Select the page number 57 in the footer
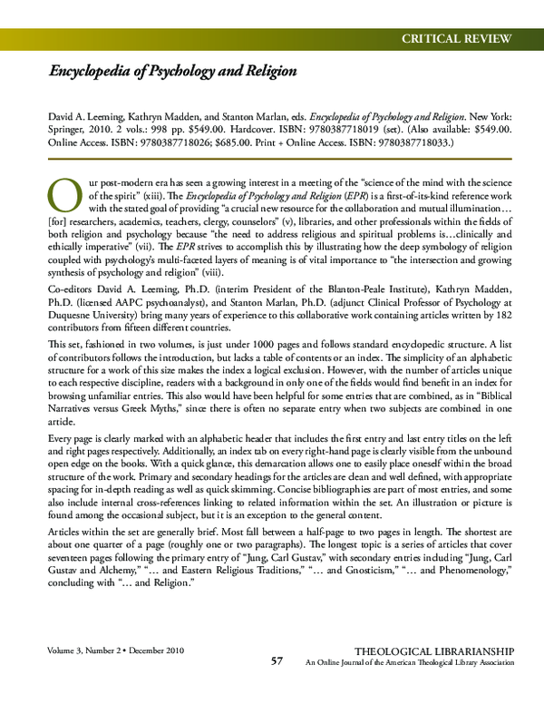278,661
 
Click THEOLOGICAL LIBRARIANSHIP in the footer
434,652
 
